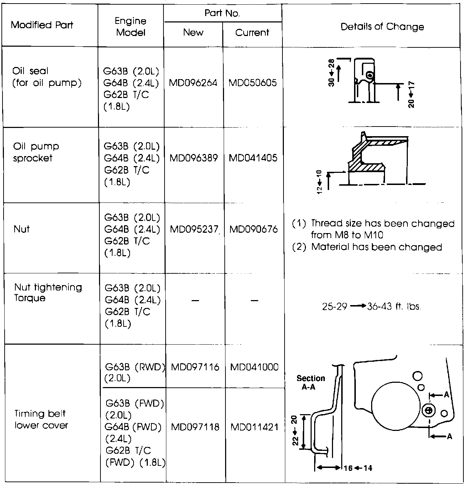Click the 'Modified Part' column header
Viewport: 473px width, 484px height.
42,25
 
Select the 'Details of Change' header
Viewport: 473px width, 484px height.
382,27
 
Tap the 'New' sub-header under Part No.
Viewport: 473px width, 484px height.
193,32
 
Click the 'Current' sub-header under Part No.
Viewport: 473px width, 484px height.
252,32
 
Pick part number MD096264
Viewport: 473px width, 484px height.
193,83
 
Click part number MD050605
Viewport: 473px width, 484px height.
253,83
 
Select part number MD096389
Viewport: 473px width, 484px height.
193,158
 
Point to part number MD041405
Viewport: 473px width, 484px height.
253,158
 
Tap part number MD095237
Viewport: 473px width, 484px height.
194,229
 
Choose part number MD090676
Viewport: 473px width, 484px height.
253,229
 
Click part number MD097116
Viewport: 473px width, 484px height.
195,367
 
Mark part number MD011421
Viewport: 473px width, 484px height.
254,427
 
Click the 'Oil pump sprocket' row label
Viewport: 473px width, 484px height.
36,152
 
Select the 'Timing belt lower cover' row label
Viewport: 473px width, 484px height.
41,419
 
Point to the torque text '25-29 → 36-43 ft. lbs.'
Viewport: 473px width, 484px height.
371,307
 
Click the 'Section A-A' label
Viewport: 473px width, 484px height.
311,382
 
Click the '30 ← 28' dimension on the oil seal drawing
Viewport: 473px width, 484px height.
331,73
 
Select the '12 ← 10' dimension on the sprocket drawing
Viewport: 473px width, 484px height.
319,182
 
